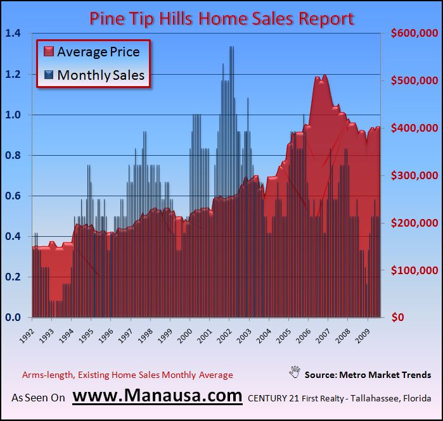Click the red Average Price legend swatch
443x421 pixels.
click(x=48, y=52)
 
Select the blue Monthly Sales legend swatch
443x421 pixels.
click(x=48, y=75)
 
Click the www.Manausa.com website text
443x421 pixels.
click(x=157, y=397)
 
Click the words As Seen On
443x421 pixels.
click(x=38, y=399)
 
